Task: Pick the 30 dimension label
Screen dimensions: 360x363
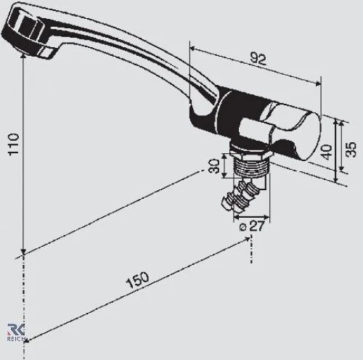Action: pos(213,166)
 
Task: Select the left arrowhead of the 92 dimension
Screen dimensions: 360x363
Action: pos(191,48)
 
